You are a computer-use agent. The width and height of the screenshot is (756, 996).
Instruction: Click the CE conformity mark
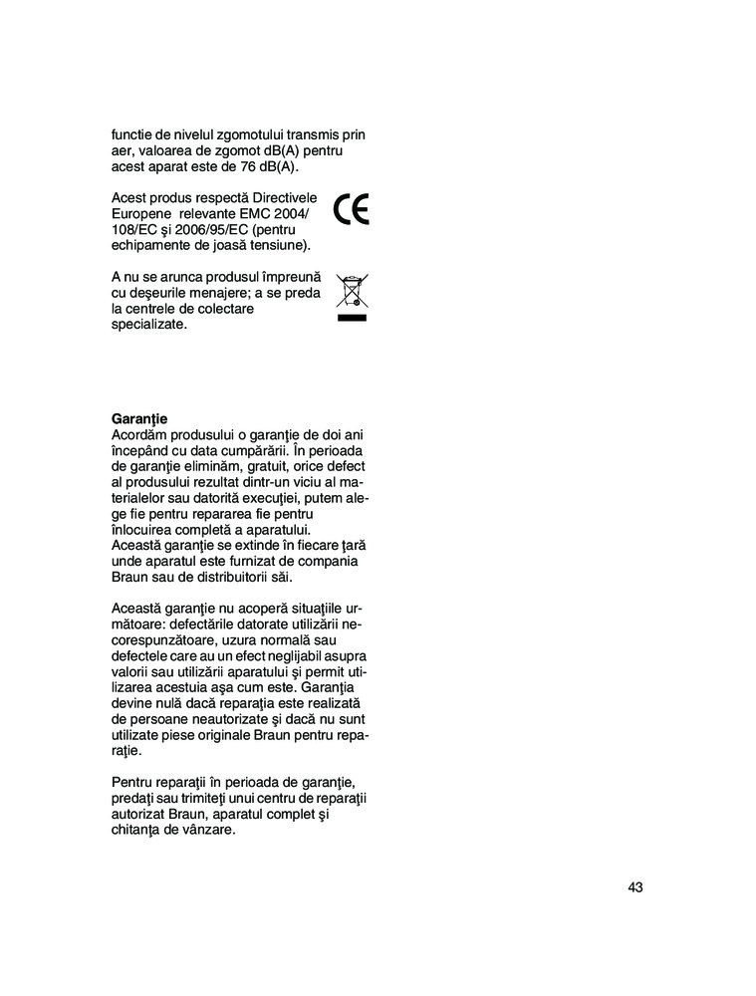(352, 210)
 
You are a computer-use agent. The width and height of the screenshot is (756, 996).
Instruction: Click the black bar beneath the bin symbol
(352, 319)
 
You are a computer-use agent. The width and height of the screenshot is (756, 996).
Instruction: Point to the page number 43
(635, 887)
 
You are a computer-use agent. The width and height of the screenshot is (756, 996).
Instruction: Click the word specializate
(149, 325)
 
